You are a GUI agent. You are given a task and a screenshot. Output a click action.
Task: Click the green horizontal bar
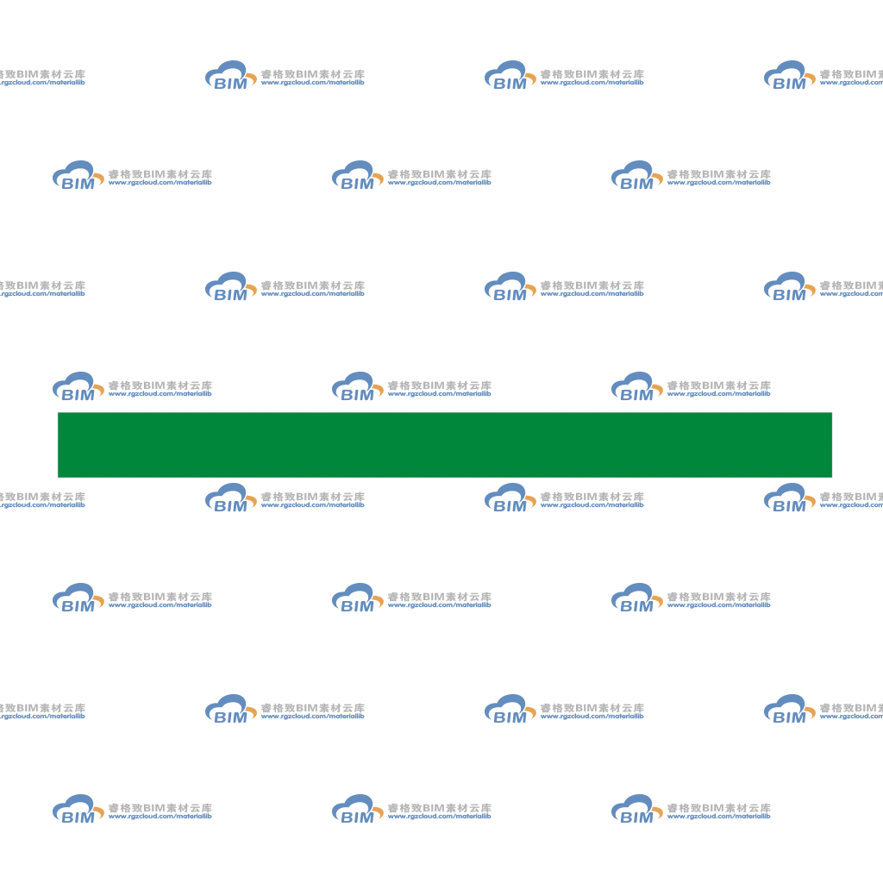point(445,445)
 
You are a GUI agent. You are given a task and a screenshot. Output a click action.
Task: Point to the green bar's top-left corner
point(58,413)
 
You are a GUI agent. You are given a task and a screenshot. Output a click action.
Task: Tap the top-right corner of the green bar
point(832,413)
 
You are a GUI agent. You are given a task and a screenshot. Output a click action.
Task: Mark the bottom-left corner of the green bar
point(58,478)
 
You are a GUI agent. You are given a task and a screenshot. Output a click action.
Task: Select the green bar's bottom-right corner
point(832,478)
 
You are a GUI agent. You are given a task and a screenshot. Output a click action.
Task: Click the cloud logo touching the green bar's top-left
point(78,386)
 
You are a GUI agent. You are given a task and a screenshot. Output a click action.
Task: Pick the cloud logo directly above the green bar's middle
point(358,386)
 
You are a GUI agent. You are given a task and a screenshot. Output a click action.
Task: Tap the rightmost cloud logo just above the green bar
point(637,386)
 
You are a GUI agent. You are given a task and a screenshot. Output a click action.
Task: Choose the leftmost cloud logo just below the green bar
point(231,498)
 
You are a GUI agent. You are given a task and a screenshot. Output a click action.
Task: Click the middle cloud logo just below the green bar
point(510,498)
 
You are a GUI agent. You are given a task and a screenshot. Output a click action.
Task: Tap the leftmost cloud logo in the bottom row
point(78,809)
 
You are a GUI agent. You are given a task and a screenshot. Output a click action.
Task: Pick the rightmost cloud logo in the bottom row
point(637,809)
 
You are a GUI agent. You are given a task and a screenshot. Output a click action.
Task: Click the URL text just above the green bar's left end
point(160,393)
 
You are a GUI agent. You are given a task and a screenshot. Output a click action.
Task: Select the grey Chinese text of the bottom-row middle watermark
point(439,807)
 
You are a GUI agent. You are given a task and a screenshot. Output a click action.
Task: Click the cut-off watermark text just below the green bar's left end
point(43,500)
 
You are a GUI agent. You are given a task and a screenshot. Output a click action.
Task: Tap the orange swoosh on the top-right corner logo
point(810,78)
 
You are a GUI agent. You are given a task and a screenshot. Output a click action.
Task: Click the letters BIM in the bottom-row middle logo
point(358,817)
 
